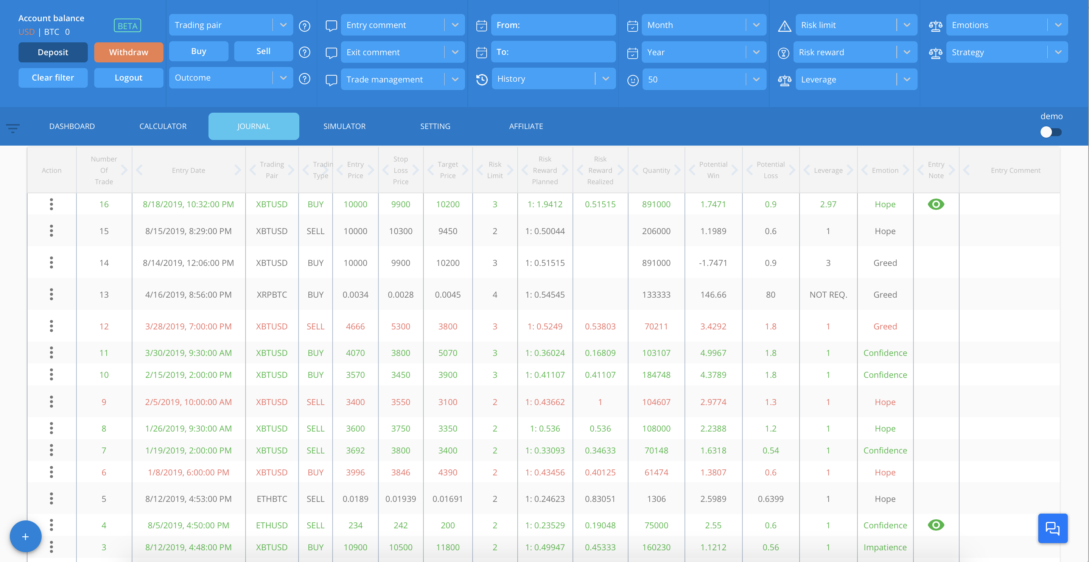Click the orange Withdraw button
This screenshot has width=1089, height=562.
[x=129, y=52]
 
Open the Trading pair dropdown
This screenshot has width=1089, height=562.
[x=231, y=25]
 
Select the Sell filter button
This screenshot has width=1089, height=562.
[x=263, y=51]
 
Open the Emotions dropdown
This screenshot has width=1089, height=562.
[x=1007, y=25]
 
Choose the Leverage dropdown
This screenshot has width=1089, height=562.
[x=856, y=79]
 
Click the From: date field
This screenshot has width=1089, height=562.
[x=553, y=25]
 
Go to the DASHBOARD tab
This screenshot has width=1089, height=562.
[x=72, y=126]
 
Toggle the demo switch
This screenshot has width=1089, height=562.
[x=1051, y=132]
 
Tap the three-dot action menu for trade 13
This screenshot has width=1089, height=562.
[x=51, y=294]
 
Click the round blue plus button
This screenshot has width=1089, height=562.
[x=25, y=537]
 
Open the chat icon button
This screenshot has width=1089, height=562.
[x=1053, y=528]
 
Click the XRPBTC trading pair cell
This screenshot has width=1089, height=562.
[x=272, y=295]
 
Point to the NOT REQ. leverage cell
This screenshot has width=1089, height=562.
[x=828, y=295]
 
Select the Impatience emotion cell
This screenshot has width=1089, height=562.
[x=885, y=547]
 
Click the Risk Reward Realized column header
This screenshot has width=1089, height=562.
[x=600, y=170]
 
